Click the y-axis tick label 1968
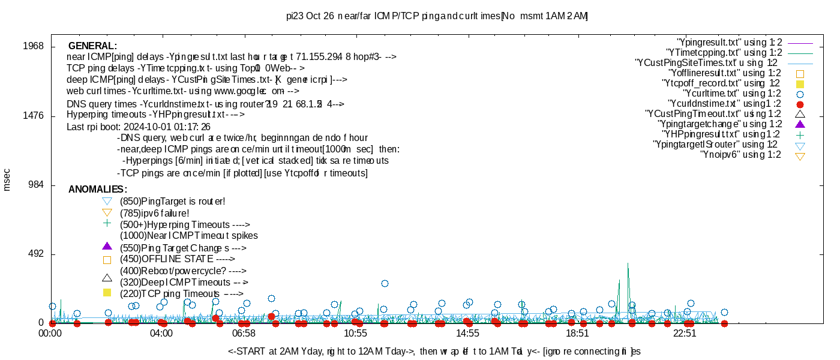pyautogui.click(x=34, y=46)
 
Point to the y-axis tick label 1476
pyautogui.click(x=34, y=116)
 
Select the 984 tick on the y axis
pyautogui.click(x=37, y=185)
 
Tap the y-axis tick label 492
pyautogui.click(x=37, y=254)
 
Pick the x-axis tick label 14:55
pyautogui.click(x=467, y=334)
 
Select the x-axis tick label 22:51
pyautogui.click(x=685, y=334)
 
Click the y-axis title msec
pyautogui.click(x=7, y=180)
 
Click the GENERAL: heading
pyautogui.click(x=92, y=46)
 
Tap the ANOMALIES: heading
pyautogui.click(x=97, y=190)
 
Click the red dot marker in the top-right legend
pyautogui.click(x=800, y=104)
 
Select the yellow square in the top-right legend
pyautogui.click(x=800, y=84)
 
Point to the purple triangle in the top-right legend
pyautogui.click(x=800, y=124)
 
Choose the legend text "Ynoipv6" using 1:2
pyautogui.click(x=740, y=155)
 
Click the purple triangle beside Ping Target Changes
pyautogui.click(x=107, y=246)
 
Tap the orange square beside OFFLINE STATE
pyautogui.click(x=107, y=260)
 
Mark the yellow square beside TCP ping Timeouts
pyautogui.click(x=107, y=293)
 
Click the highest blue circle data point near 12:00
pyautogui.click(x=385, y=283)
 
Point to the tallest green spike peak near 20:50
pyautogui.click(x=628, y=263)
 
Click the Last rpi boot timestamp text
pyautogui.click(x=139, y=127)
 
